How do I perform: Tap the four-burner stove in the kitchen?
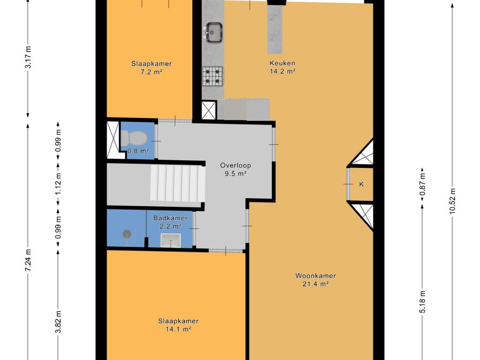click(x=213, y=76)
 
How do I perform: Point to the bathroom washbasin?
click(x=171, y=240)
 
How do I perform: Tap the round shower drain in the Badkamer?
click(x=127, y=234)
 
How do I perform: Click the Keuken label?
click(x=282, y=63)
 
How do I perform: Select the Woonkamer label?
click(x=315, y=276)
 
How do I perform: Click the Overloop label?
click(x=236, y=165)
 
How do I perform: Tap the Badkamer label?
click(x=171, y=218)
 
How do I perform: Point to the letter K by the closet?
click(x=361, y=184)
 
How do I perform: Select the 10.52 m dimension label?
click(x=452, y=200)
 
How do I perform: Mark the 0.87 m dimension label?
click(x=422, y=184)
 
